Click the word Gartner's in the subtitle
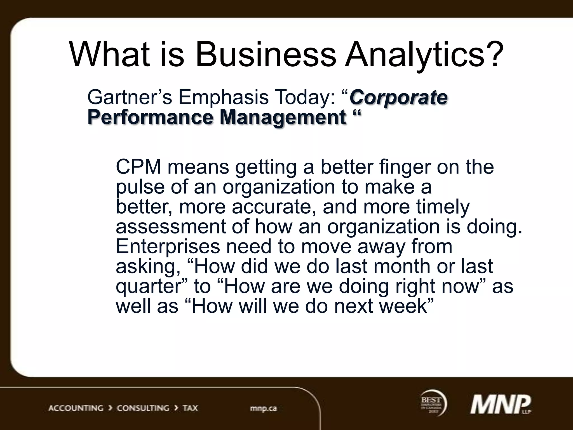[129, 97]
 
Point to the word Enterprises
[168, 246]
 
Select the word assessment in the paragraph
[171, 227]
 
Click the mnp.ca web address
[263, 408]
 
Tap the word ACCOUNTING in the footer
[76, 408]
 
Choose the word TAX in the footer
[190, 408]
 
